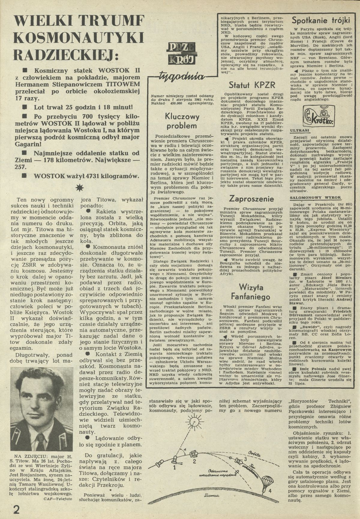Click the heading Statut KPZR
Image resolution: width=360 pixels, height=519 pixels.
252,85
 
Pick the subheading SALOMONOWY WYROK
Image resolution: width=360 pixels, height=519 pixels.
307,198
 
